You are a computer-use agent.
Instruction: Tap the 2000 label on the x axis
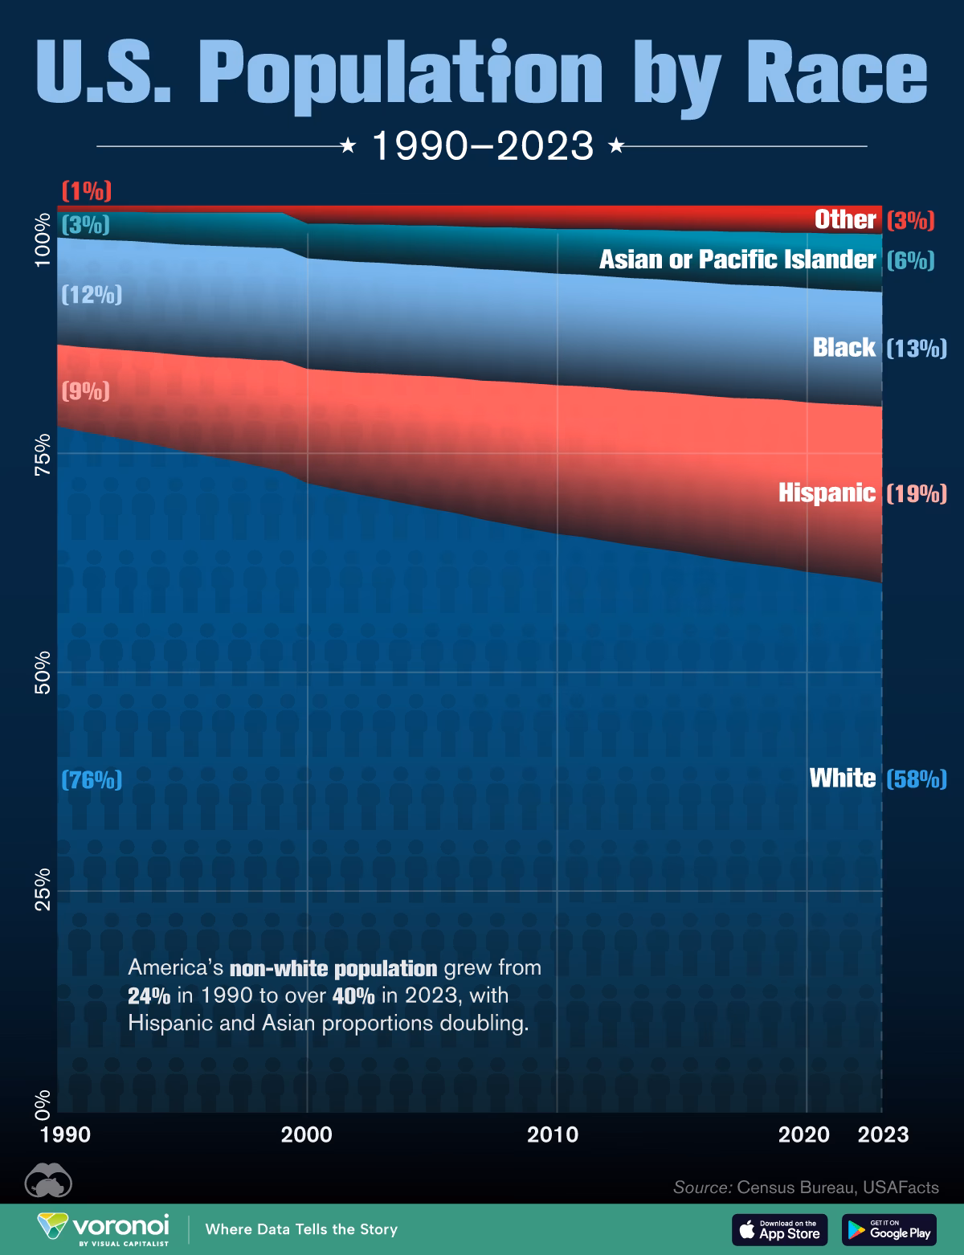[x=306, y=1135]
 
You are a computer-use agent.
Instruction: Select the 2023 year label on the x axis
[x=883, y=1135]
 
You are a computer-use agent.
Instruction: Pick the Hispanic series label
[x=827, y=493]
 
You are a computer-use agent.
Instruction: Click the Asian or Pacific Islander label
[x=737, y=260]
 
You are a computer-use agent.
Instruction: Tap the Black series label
[x=843, y=347]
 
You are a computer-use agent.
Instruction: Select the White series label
[x=842, y=778]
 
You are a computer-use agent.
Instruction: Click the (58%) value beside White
[x=916, y=779]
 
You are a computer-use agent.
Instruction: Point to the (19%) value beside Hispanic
[x=916, y=493]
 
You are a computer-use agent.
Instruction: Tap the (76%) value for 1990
[x=92, y=779]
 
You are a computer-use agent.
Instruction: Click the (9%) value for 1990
[x=86, y=391]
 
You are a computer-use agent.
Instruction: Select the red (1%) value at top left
[x=86, y=191]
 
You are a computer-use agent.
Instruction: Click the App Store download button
[x=779, y=1229]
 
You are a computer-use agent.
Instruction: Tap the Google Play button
[x=889, y=1229]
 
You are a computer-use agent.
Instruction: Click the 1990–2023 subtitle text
[x=482, y=146]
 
